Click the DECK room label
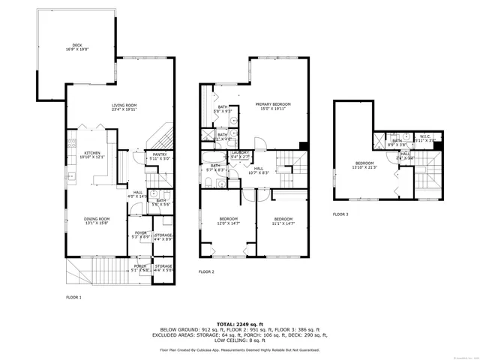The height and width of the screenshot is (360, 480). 76,47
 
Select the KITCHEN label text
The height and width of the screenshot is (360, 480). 91,154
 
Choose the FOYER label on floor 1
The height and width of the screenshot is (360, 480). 140,235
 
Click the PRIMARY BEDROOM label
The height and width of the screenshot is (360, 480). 272,106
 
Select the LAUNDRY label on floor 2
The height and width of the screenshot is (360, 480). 240,154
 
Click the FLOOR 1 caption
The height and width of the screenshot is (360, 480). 74,298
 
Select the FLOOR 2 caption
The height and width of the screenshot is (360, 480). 206,271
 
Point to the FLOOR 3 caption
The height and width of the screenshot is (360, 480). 340,214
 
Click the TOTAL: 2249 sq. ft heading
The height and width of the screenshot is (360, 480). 240,323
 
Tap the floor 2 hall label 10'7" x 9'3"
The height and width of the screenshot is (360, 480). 258,171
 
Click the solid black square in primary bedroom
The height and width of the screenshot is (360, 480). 303,145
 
